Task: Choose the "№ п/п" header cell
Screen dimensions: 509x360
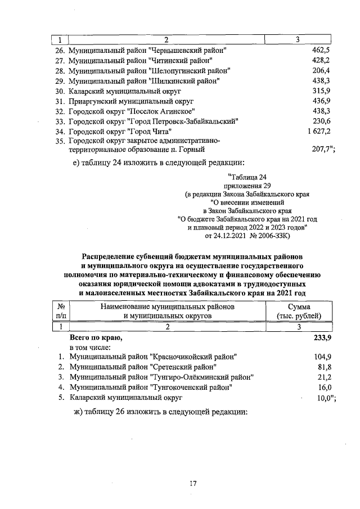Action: (x=60, y=311)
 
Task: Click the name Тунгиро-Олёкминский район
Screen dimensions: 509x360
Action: (x=161, y=377)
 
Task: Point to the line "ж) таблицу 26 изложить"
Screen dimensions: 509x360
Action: (x=161, y=412)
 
